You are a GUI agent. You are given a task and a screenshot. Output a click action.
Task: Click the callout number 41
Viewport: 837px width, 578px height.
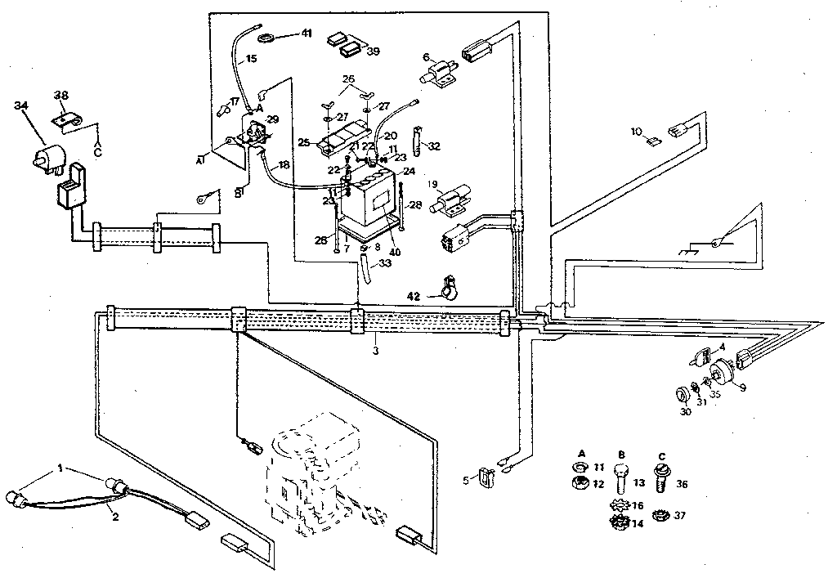click(307, 34)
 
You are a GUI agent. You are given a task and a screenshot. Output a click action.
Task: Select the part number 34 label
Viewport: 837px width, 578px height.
click(21, 105)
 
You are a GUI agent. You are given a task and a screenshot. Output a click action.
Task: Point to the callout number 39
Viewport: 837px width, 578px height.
click(373, 51)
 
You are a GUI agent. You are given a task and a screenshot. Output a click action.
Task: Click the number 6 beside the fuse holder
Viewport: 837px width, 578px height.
click(426, 56)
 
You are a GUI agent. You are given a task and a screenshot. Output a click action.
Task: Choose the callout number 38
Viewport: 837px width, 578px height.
click(60, 95)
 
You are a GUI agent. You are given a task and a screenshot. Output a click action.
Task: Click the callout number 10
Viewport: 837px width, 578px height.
click(637, 131)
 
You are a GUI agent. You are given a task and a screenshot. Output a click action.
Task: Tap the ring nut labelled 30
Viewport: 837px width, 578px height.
click(681, 396)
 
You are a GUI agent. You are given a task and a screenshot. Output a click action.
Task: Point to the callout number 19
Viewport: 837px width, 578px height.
click(432, 184)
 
